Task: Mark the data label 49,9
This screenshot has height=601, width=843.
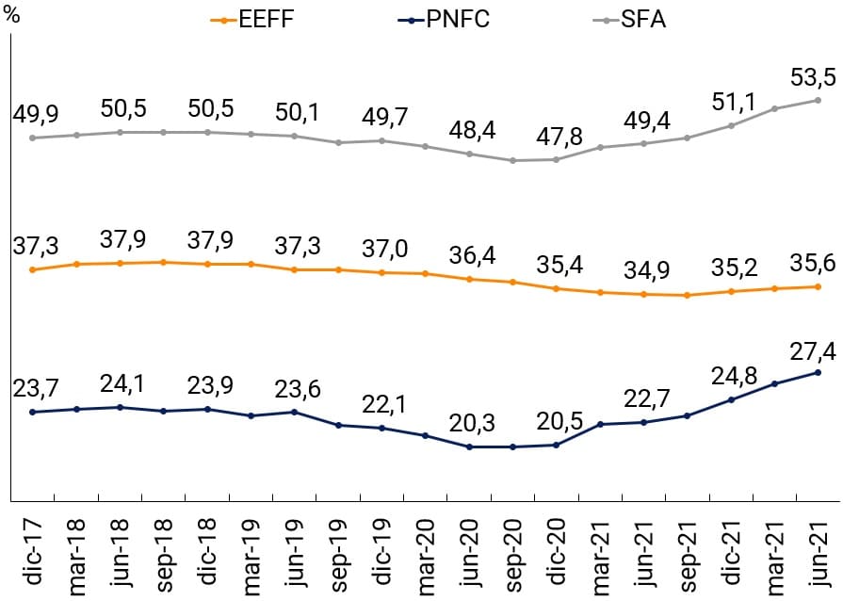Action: pos(33,113)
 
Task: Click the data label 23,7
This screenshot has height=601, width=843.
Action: pos(33,387)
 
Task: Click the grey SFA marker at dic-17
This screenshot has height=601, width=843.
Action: pos(33,138)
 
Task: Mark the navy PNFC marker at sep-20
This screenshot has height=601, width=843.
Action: pos(513,447)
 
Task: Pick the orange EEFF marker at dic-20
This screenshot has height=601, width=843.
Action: pos(557,288)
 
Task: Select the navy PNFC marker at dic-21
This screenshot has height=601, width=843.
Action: pos(731,399)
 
